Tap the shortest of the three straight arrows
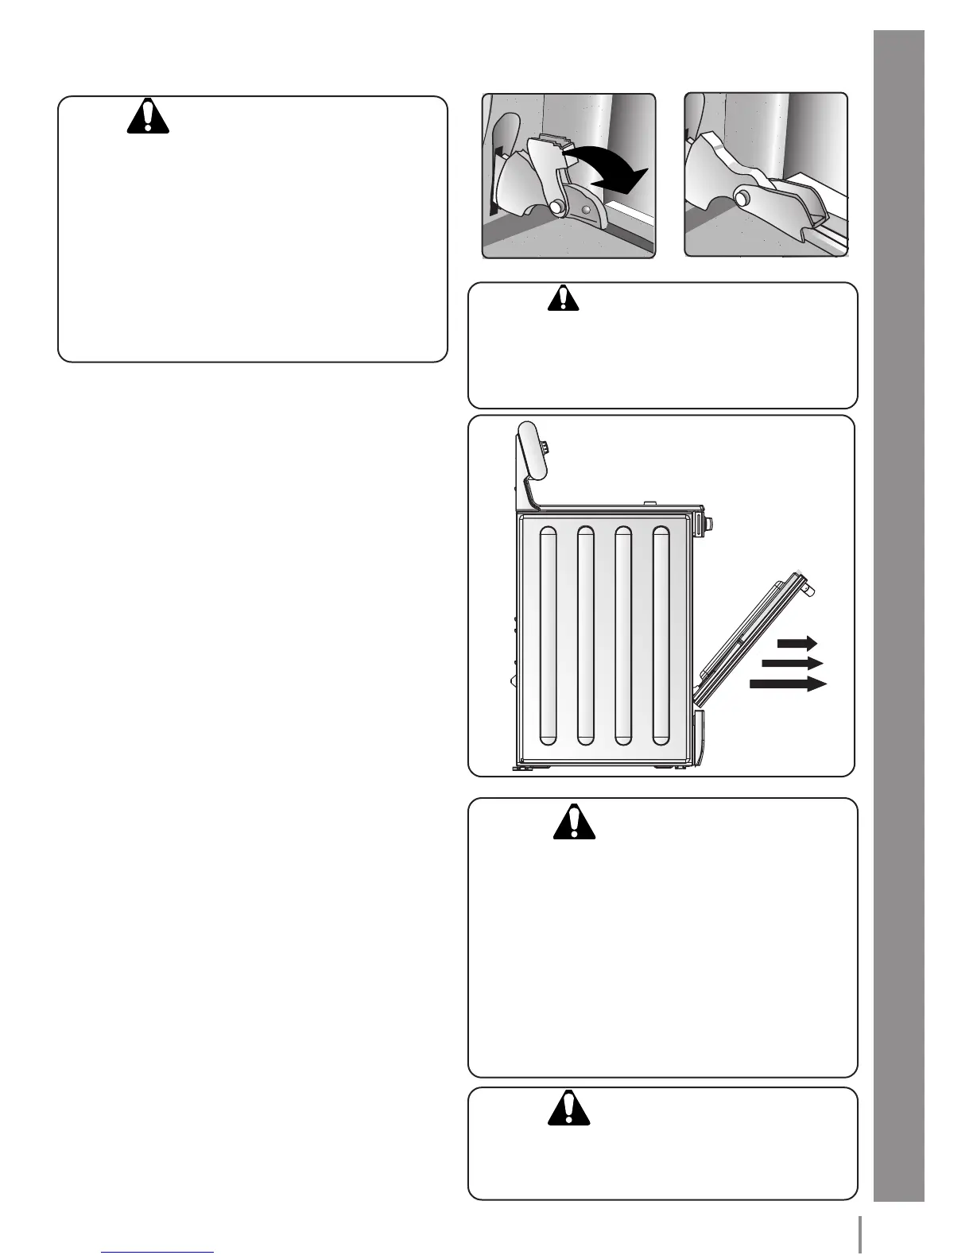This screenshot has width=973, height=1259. pyautogui.click(x=797, y=642)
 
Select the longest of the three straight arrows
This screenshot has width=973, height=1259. pyautogui.click(x=788, y=684)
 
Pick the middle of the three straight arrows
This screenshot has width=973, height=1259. pyautogui.click(x=792, y=663)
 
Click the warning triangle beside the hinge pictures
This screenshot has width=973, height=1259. pyautogui.click(x=148, y=117)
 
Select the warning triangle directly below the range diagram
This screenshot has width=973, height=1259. pyautogui.click(x=574, y=823)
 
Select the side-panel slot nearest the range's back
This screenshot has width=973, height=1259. pyautogui.click(x=547, y=635)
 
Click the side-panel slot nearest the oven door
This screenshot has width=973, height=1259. pyautogui.click(x=661, y=635)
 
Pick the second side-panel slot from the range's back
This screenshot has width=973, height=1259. pyautogui.click(x=585, y=635)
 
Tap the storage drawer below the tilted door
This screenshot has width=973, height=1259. pyautogui.click(x=698, y=739)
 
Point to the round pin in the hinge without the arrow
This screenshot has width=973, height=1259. pyautogui.click(x=746, y=195)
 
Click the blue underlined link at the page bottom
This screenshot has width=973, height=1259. pyautogui.click(x=158, y=1253)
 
